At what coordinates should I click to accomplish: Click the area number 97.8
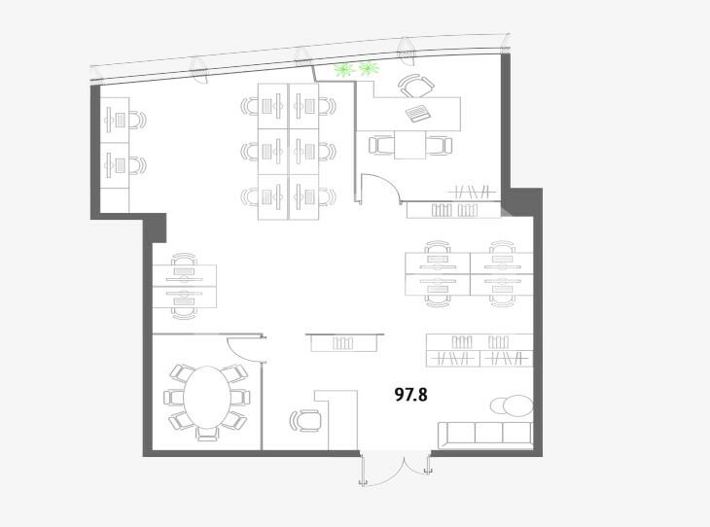click(411, 395)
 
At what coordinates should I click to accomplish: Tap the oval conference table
click(207, 397)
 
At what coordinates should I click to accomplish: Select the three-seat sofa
click(485, 435)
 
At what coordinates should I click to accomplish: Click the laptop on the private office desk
click(417, 113)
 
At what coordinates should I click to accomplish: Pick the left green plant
click(344, 70)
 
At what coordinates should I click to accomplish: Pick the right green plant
click(369, 68)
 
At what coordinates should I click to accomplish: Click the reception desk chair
click(305, 421)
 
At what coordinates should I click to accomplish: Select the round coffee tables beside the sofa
click(512, 405)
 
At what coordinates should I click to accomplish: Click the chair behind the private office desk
click(416, 86)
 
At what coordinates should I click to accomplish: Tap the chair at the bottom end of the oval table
click(207, 434)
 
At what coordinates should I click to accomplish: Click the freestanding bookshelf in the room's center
click(344, 342)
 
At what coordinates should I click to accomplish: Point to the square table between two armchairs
click(409, 145)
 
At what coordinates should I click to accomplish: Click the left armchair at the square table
click(381, 145)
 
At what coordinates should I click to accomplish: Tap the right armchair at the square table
click(440, 145)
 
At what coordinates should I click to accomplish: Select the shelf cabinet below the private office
click(453, 210)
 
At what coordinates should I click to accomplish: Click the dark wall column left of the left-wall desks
click(95, 153)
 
